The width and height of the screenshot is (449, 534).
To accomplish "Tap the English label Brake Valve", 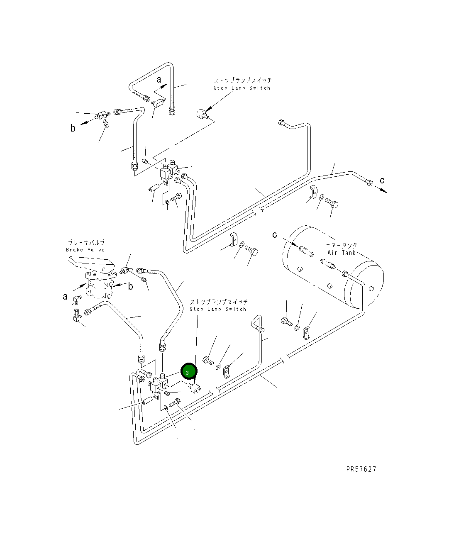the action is click(x=85, y=250).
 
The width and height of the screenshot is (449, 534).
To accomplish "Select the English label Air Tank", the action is click(x=342, y=253).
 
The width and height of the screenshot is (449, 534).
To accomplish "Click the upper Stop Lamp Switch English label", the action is click(x=242, y=88).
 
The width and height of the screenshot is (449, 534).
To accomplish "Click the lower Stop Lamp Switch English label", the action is click(x=218, y=309).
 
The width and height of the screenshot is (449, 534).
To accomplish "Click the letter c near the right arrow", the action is click(x=382, y=180).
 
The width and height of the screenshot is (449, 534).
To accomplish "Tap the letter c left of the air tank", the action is click(x=275, y=235).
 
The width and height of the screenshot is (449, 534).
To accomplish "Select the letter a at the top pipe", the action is click(x=159, y=80).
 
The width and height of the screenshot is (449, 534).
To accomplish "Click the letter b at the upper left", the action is click(x=73, y=128).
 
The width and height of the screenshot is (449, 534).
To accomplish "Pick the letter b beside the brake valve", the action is click(x=130, y=286).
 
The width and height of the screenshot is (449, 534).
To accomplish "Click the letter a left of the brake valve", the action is click(x=65, y=297).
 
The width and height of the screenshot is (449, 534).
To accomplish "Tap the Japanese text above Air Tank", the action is click(x=341, y=246).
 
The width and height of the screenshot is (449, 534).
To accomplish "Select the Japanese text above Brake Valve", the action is click(x=86, y=242).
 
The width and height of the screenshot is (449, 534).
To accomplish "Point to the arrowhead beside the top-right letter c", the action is click(x=383, y=190).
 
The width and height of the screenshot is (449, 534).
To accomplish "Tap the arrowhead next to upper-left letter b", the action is click(x=83, y=123).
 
